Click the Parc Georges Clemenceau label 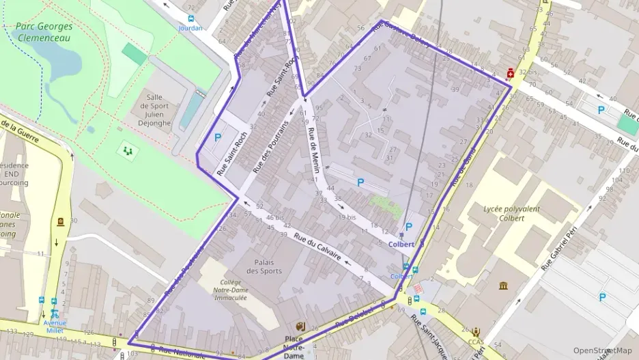[x=43, y=32]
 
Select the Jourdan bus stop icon [x=190, y=19]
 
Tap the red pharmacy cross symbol [x=510, y=73]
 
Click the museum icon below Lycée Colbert [x=504, y=285]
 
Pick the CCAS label [x=477, y=342]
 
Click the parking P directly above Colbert [x=408, y=227]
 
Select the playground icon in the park [x=127, y=150]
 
